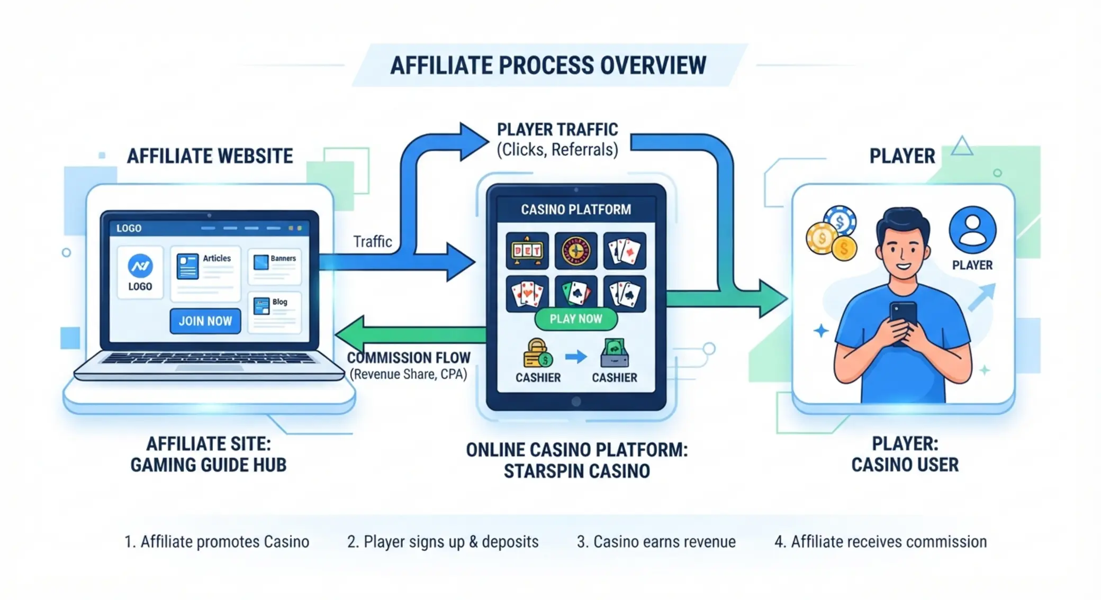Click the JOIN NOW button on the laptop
coord(205,321)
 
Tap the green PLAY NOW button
coord(576,319)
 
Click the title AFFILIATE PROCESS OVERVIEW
coord(548,65)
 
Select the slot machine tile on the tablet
coord(527,250)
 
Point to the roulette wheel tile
coord(576,250)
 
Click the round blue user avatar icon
coord(972,230)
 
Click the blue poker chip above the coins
coord(840,221)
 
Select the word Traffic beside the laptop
coord(373,242)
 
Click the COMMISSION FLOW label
coord(409,358)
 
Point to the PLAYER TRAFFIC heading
coord(557,130)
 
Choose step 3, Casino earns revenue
coord(656,542)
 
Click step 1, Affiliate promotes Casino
coord(216,542)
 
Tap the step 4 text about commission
coord(881,542)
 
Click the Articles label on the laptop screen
coord(217,258)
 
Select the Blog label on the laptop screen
coord(280,302)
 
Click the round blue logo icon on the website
coord(140,266)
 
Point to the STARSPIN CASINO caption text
coord(577,471)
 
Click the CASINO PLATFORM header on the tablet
coord(576,210)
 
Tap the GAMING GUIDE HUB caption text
coord(209,465)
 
